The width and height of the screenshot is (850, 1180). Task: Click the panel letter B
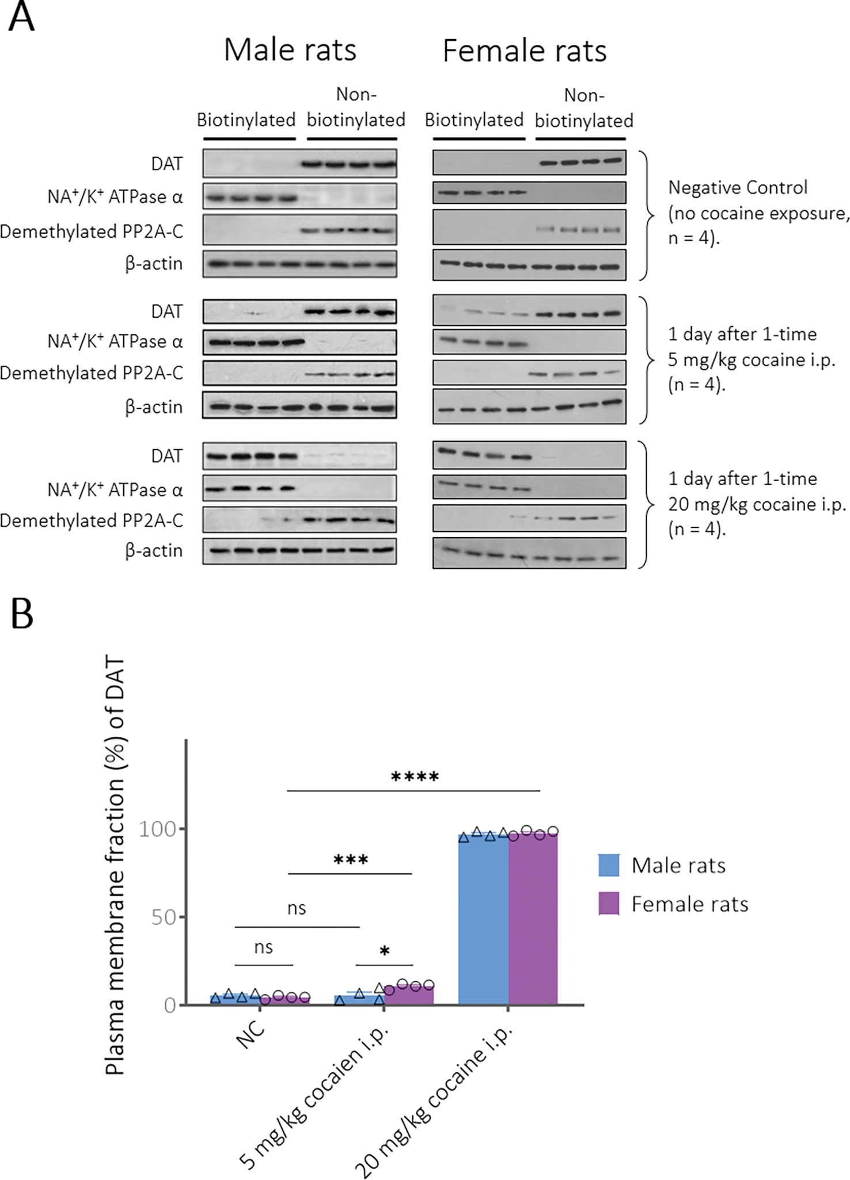[22, 614]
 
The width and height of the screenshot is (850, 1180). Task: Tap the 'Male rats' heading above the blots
[290, 50]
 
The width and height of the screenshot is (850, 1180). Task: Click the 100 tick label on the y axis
[157, 829]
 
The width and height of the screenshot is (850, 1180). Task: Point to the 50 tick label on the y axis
[163, 918]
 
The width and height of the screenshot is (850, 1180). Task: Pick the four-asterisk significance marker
[415, 777]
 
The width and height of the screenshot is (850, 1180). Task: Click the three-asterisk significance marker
[351, 861]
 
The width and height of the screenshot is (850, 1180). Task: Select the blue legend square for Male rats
[609, 865]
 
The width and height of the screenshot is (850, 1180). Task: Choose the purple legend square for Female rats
[609, 904]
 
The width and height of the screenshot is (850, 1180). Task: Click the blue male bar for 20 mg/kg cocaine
[483, 921]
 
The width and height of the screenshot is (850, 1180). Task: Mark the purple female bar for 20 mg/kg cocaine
[533, 921]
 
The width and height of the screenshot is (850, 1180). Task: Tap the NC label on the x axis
[251, 1034]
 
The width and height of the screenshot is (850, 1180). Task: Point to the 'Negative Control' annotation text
[738, 188]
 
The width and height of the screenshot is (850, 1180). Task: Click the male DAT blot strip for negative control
[299, 163]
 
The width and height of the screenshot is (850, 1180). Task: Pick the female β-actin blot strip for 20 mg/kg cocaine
[529, 553]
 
